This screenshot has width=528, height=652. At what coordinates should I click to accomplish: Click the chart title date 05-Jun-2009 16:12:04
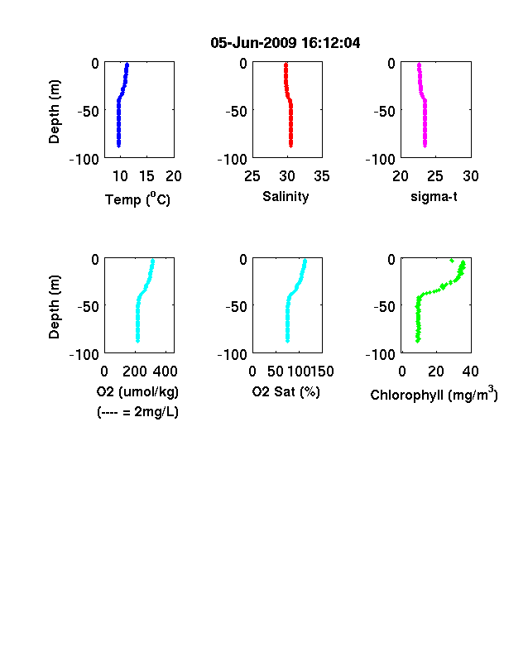286,43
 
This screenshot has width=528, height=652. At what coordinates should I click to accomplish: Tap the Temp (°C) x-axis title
137,199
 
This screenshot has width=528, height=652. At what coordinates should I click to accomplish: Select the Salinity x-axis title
286,196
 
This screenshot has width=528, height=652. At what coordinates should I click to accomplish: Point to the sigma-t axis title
434,196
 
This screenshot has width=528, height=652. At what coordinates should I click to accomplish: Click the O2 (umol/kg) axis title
137,391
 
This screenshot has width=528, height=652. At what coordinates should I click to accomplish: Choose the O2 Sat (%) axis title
286,391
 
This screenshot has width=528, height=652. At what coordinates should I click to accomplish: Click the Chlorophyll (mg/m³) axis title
434,394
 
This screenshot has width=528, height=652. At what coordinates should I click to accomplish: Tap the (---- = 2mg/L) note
137,412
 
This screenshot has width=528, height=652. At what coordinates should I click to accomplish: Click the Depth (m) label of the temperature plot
54,112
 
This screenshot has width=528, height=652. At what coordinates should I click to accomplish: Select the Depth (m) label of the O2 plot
54,307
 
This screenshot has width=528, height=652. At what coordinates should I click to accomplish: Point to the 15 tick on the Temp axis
146,176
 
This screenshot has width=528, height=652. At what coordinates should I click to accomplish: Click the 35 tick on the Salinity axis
322,176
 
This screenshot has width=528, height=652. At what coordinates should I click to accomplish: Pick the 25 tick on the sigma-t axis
435,176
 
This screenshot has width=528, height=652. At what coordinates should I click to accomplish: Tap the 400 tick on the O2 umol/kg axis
166,372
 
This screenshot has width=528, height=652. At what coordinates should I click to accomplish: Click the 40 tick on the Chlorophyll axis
471,372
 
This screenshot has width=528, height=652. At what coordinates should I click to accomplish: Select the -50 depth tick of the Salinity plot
236,112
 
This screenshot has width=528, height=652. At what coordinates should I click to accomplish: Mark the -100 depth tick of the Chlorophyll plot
381,355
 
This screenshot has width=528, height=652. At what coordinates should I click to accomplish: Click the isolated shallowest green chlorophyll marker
452,261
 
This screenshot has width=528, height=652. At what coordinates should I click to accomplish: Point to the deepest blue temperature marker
118,145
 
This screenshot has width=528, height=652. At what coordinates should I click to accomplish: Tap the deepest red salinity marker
291,145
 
